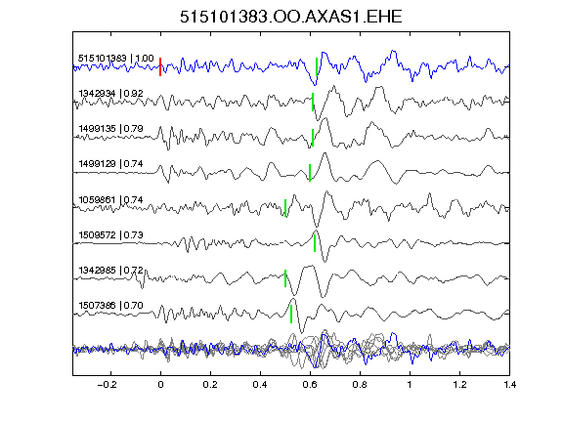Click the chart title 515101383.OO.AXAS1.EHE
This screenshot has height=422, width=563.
[291, 17]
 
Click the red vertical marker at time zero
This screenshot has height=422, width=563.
[160, 66]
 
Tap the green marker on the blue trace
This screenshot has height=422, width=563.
[317, 66]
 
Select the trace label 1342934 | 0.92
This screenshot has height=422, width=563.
[111, 94]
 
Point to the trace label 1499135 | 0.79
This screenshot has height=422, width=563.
[111, 129]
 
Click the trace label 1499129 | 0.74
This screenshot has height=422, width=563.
[111, 164]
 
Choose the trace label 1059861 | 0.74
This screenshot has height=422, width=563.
[111, 199]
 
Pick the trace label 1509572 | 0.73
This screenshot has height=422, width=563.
[111, 235]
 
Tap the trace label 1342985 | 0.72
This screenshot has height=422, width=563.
[111, 270]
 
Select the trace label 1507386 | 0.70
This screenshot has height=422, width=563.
[111, 306]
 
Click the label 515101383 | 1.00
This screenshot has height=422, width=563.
[116, 59]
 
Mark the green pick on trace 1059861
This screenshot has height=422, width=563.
[285, 208]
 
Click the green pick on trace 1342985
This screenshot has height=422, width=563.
[285, 278]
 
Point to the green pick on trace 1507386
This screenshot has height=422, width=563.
[291, 314]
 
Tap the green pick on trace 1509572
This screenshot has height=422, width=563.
[315, 243]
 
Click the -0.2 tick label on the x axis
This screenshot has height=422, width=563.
[108, 385]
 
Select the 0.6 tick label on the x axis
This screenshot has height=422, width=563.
[310, 385]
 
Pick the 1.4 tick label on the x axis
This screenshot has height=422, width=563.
[509, 385]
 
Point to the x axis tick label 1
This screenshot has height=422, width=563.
[410, 385]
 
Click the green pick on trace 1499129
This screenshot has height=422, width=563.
[310, 173]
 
